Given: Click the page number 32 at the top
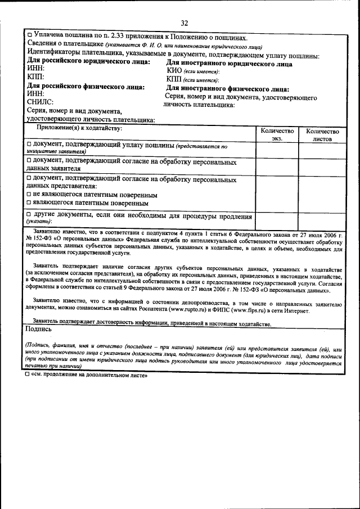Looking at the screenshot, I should (x=184, y=22).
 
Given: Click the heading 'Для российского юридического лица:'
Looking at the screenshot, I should (x=88, y=62).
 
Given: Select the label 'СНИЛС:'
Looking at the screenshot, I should (x=40, y=102).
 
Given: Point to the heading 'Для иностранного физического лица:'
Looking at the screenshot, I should (x=228, y=89).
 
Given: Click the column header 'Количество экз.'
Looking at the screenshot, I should (x=277, y=133).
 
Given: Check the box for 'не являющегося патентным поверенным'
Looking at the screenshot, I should (x=29, y=195).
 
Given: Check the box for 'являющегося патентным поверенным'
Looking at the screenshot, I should (x=29, y=203).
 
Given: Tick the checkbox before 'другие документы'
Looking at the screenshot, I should (x=29, y=216).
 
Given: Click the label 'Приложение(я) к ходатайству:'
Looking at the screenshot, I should (x=79, y=129).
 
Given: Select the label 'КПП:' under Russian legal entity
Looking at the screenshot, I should (x=37, y=77).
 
